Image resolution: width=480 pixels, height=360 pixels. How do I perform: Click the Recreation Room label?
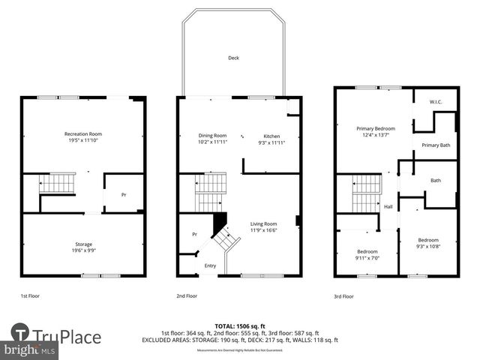point(82,133)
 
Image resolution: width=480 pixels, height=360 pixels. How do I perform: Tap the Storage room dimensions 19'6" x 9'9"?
point(82,250)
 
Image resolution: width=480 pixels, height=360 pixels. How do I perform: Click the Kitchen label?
point(271,136)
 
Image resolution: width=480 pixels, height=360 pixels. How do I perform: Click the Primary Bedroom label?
point(375,129)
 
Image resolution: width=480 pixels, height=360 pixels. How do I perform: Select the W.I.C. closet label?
point(436,101)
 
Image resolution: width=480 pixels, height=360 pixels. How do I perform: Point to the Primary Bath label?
point(436,145)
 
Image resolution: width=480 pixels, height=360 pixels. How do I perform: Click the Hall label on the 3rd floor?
point(388,207)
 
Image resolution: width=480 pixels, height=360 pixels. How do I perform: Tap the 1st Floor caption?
point(31,296)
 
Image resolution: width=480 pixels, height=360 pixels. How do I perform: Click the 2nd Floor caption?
point(187,296)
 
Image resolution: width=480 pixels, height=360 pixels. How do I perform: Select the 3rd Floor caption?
point(345,296)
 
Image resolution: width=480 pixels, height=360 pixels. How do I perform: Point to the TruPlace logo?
point(55,337)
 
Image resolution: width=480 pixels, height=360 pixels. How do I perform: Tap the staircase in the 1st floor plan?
point(58,183)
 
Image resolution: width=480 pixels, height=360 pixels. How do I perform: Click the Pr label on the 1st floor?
point(124,195)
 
